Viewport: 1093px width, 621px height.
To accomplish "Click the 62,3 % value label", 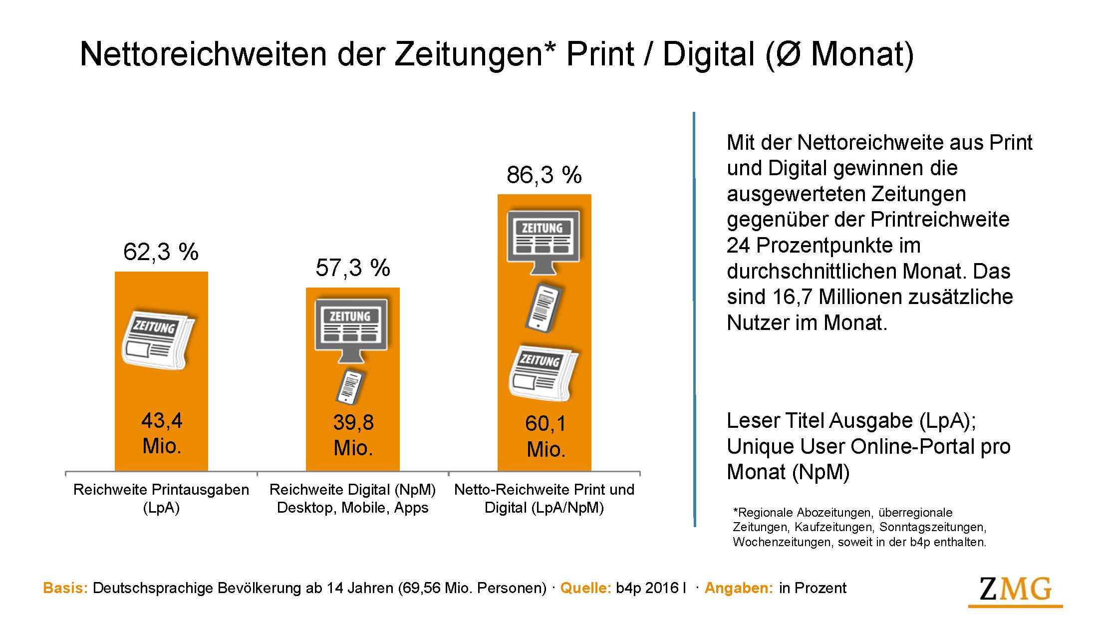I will (161, 252).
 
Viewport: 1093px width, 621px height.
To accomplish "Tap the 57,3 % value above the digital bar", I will (353, 268).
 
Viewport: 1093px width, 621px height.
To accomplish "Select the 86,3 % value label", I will (544, 175).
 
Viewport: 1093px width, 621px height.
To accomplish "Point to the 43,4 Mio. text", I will (162, 433).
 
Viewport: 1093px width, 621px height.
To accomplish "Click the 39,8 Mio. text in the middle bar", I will (353, 435).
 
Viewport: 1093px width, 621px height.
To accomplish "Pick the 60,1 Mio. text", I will (546, 436).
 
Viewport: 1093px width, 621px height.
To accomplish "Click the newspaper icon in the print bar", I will (158, 340).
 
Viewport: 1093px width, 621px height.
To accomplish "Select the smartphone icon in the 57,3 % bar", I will (349, 387).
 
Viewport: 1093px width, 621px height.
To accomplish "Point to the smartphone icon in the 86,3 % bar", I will (543, 308).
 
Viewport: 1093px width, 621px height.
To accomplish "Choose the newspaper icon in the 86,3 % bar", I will (543, 372).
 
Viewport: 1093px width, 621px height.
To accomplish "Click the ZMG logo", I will (1015, 591).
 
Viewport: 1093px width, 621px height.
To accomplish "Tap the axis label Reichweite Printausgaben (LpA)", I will (161, 498).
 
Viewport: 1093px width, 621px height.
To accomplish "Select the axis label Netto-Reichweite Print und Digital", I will (544, 498).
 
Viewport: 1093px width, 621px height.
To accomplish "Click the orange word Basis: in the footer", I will (65, 588).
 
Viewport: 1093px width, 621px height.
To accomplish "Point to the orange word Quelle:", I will (585, 588).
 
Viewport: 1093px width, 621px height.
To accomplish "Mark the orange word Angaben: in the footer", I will (739, 588).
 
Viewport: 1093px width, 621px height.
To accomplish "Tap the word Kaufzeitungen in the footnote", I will (833, 527).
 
